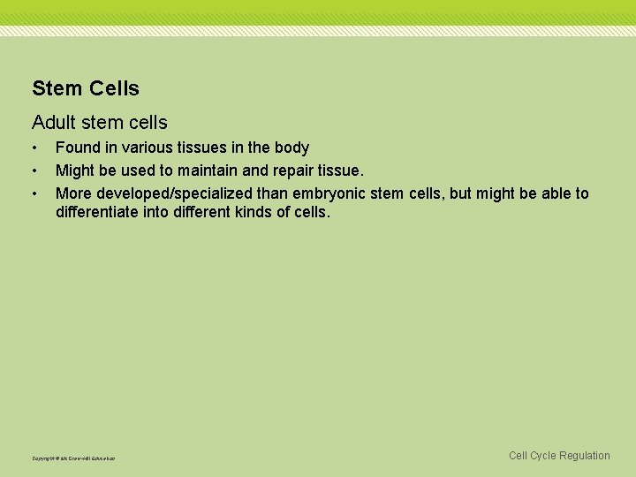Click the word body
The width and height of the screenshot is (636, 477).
click(x=291, y=148)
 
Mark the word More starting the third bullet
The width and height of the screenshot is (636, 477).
click(x=74, y=193)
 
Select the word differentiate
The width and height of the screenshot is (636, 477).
click(x=101, y=213)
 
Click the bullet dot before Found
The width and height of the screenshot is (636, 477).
click(x=34, y=148)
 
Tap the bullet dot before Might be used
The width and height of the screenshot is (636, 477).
click(x=34, y=170)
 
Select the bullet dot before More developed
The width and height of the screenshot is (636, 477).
click(x=34, y=193)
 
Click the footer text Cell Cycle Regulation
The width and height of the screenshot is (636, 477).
click(x=559, y=456)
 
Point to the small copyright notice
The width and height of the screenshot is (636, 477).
click(x=73, y=458)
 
